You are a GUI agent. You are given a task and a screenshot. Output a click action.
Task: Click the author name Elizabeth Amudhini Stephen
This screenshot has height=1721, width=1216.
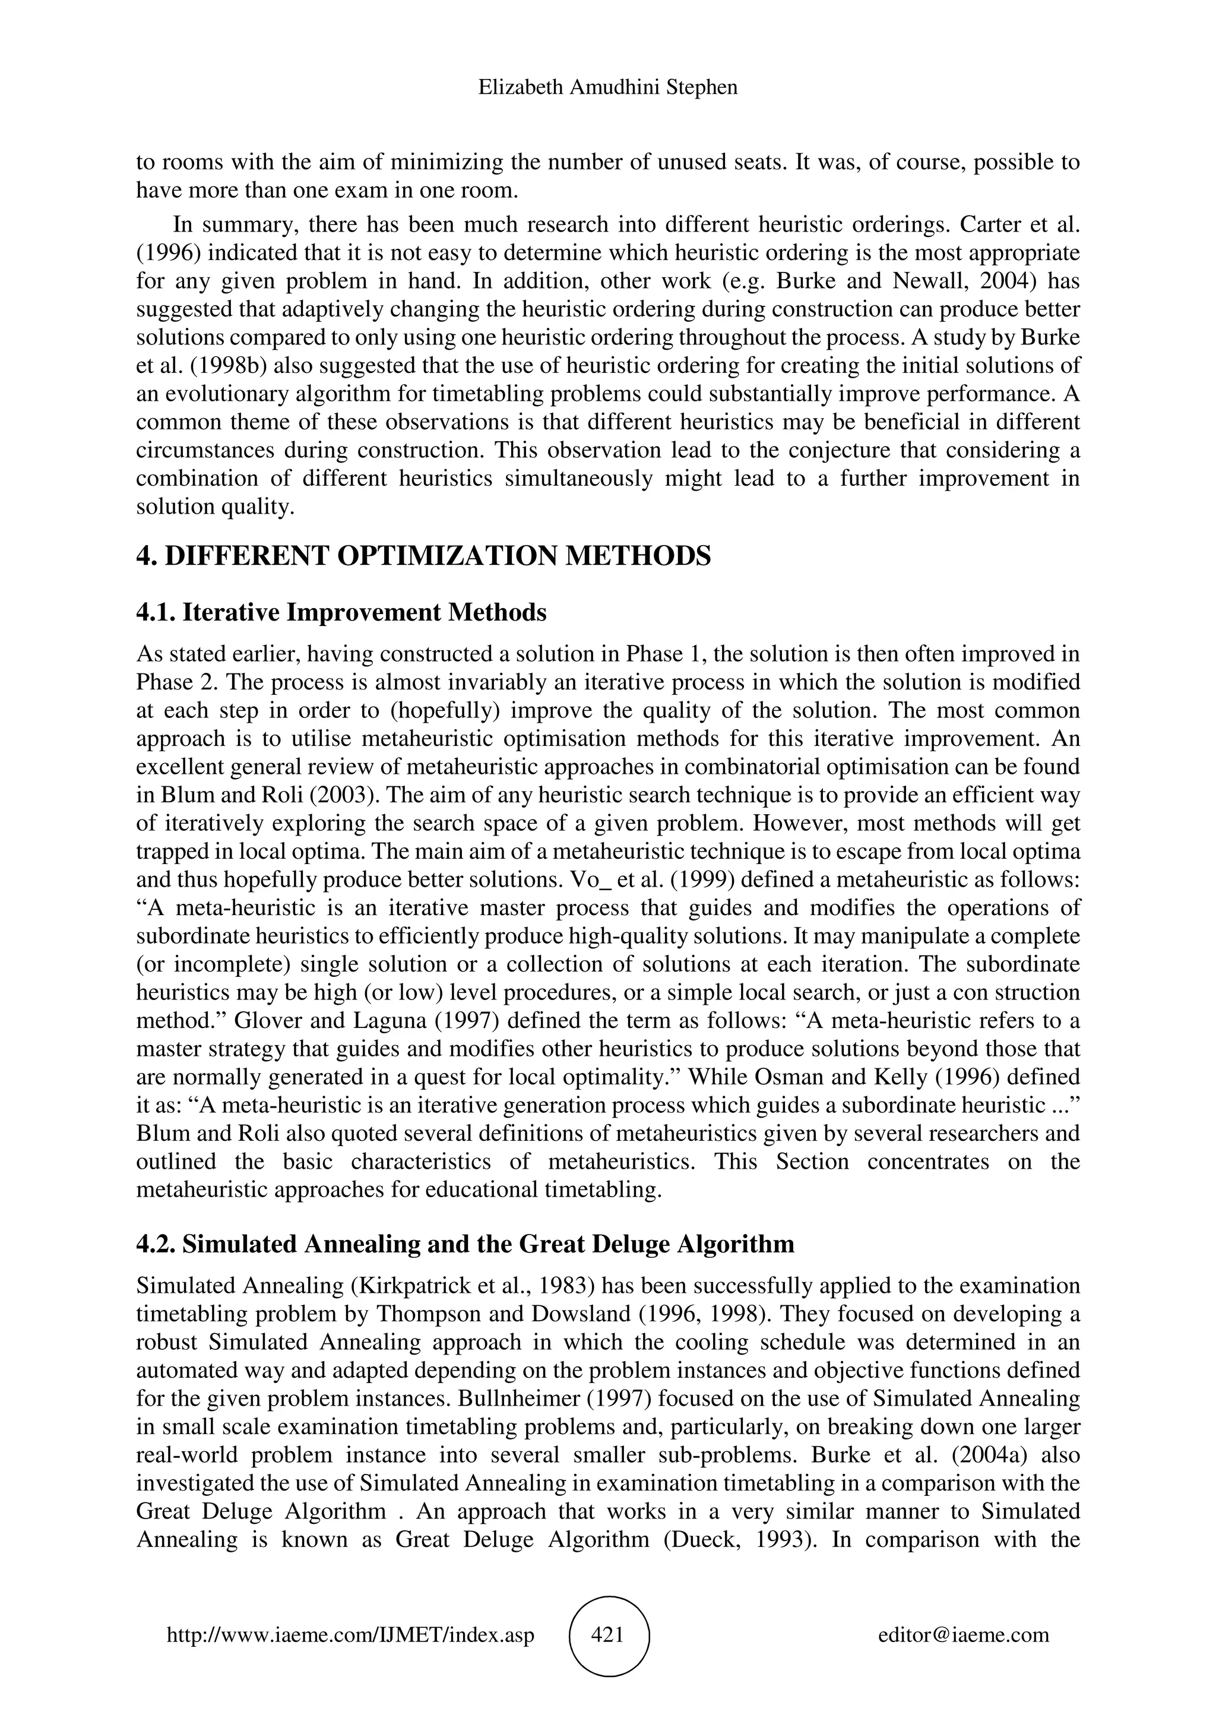[607, 88]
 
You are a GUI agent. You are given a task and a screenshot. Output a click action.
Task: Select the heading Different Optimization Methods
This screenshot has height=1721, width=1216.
[423, 556]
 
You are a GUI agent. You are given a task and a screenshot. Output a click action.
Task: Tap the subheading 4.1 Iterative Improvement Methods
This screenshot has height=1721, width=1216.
[341, 612]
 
